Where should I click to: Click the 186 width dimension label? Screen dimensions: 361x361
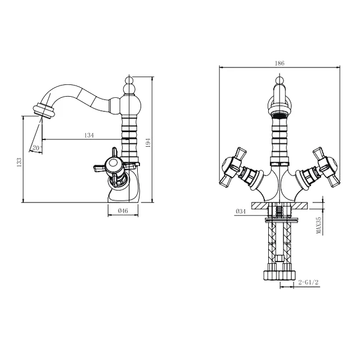click(x=279, y=63)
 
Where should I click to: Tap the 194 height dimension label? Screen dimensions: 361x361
click(x=148, y=143)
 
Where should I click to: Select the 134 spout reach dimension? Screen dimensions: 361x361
click(x=89, y=135)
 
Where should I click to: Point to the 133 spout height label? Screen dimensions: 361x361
click(x=19, y=162)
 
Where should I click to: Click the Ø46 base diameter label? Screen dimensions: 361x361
click(x=123, y=210)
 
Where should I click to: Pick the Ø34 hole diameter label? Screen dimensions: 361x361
click(x=241, y=211)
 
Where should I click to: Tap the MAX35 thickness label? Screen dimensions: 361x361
click(x=319, y=226)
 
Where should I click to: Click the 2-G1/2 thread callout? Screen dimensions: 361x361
click(x=308, y=282)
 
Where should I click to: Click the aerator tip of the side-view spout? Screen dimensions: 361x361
click(x=44, y=111)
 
